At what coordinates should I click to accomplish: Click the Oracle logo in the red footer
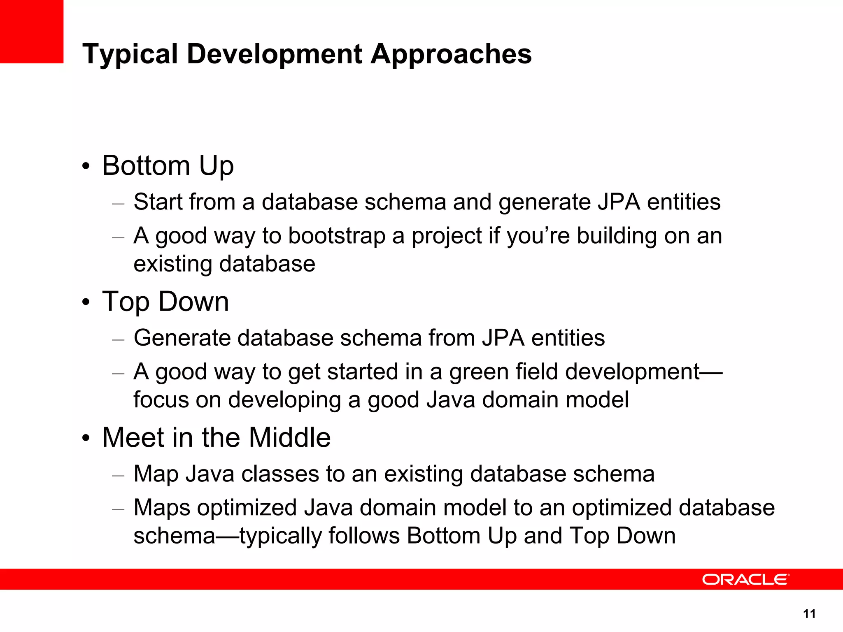click(x=745, y=579)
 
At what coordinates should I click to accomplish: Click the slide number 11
click(x=809, y=614)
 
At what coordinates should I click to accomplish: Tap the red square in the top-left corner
click(x=32, y=32)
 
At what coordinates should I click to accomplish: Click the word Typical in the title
click(x=130, y=54)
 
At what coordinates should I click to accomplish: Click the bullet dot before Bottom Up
click(x=86, y=167)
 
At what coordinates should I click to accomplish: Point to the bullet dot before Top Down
click(x=86, y=302)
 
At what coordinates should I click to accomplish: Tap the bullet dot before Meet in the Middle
click(x=86, y=438)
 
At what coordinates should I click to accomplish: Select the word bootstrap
click(x=336, y=236)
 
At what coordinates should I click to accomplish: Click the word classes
click(x=280, y=474)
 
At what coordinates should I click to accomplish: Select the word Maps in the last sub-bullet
click(x=161, y=508)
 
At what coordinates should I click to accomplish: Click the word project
click(x=446, y=236)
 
